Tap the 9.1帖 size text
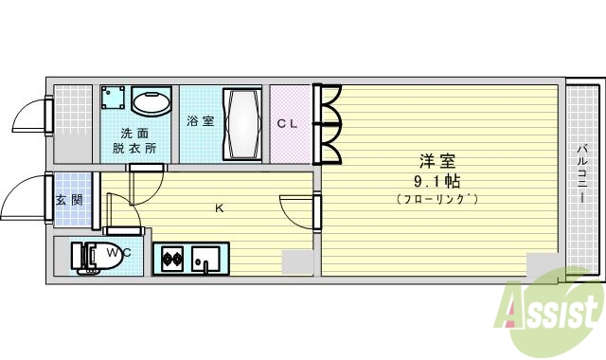pos(437,180)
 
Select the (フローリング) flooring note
pos(437,198)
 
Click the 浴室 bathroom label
pos(199,121)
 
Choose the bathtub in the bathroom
pos(242,125)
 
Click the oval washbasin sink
pos(151,102)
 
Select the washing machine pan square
pos(116,99)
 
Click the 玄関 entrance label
pos(68,200)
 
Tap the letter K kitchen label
pos(219,207)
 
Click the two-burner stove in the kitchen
pos(172,257)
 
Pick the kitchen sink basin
pos(205,258)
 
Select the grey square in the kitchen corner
pos(296,261)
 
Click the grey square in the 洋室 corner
pos(543,264)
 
